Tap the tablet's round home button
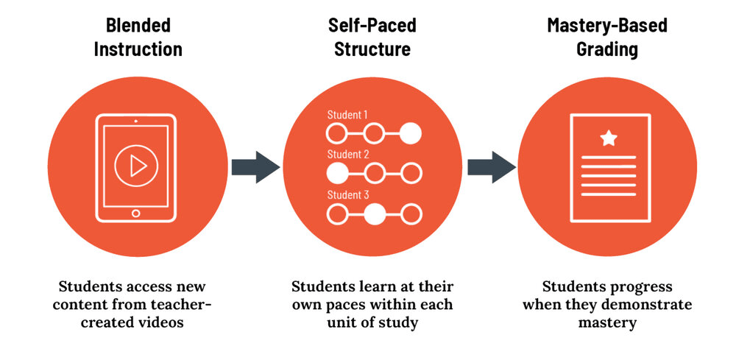(x=135, y=213)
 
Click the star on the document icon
(x=608, y=138)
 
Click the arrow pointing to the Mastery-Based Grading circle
(x=492, y=167)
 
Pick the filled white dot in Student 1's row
(x=411, y=133)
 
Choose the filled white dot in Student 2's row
(x=336, y=174)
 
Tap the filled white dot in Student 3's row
(x=374, y=214)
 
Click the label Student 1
(x=347, y=115)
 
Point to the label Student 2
(x=347, y=155)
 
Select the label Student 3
(x=347, y=195)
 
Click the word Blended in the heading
(x=138, y=25)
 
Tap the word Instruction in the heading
(x=138, y=50)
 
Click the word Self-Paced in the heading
(x=372, y=25)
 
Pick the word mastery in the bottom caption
(x=607, y=321)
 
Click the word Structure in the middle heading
(x=372, y=50)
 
